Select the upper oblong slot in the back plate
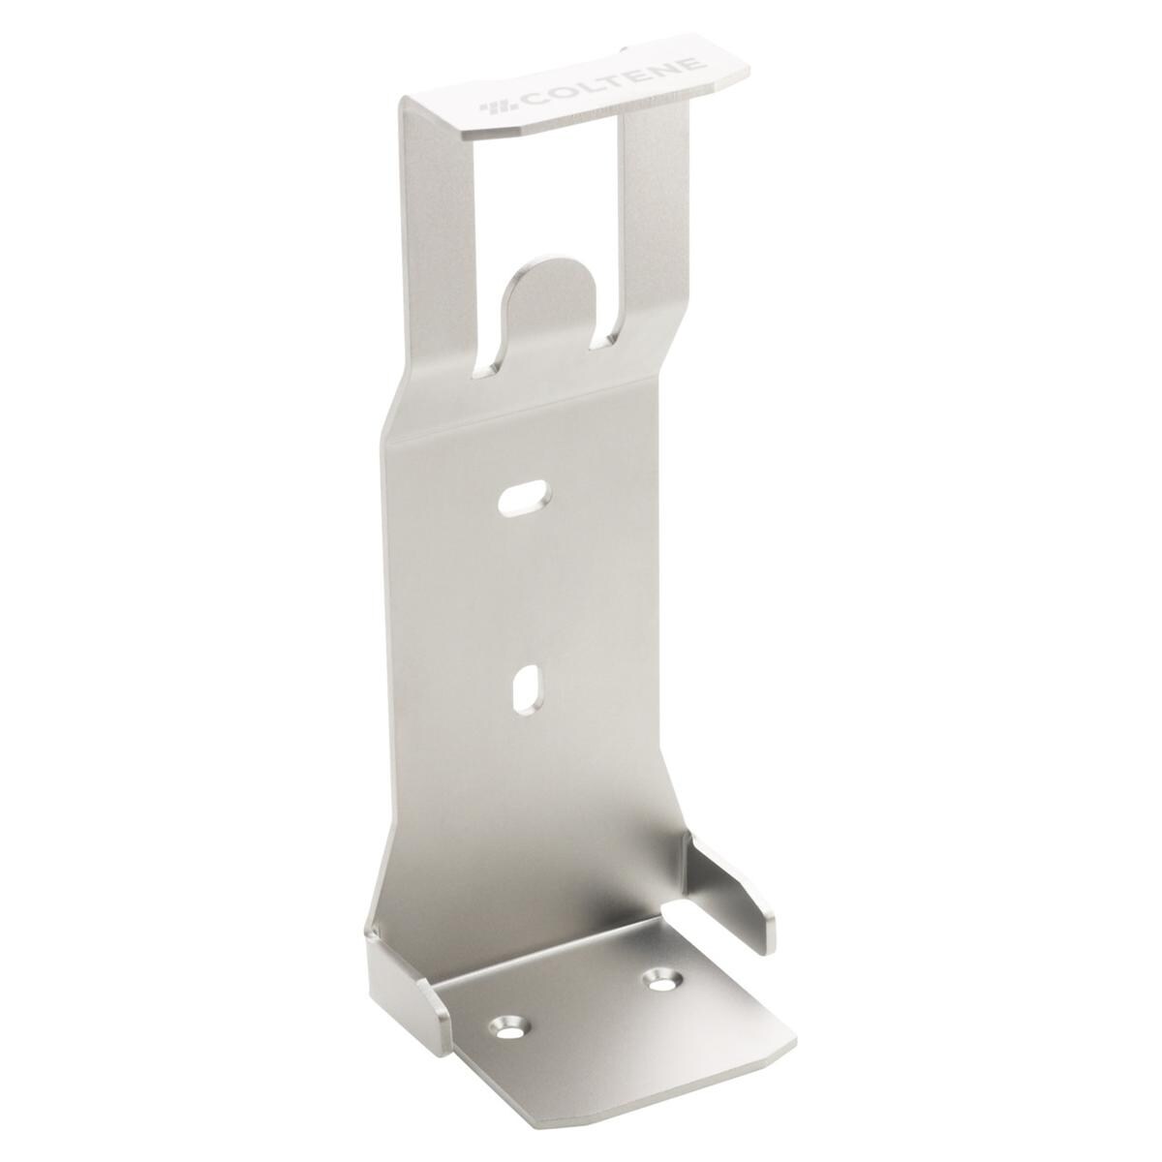(523, 496)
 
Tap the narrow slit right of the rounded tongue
(608, 334)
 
